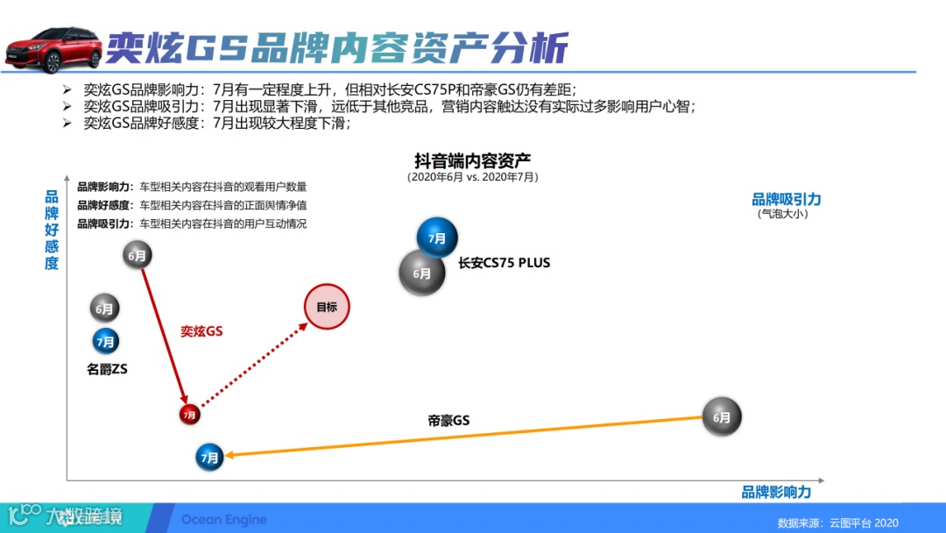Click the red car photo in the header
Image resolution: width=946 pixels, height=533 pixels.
[x=54, y=48]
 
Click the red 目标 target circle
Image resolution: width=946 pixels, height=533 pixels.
[x=327, y=307]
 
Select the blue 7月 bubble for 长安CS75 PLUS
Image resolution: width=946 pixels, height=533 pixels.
[x=437, y=238]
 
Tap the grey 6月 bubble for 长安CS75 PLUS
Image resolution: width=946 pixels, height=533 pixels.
[x=422, y=273]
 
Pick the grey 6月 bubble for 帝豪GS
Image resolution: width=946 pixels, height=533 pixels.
[x=722, y=417]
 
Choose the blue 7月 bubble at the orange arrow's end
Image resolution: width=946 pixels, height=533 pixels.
[x=209, y=457]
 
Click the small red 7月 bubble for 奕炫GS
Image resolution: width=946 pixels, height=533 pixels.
[x=190, y=414]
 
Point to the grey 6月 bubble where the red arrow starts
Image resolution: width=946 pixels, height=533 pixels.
[x=137, y=256]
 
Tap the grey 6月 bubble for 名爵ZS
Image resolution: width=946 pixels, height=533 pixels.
[x=104, y=309]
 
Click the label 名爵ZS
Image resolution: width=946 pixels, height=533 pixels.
[x=107, y=370]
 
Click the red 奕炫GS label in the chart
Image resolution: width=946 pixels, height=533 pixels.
[x=201, y=331]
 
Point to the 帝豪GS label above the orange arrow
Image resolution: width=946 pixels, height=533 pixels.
[x=448, y=421]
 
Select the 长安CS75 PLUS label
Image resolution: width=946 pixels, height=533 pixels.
[x=504, y=262]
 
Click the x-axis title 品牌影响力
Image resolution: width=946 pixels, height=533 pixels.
[x=776, y=493]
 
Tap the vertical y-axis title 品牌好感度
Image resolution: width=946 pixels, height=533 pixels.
[x=52, y=230]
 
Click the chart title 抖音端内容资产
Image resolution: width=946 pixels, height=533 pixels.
[x=472, y=160]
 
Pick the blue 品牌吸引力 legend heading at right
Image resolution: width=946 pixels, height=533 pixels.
[x=786, y=199]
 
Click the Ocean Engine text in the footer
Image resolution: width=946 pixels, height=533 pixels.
[x=223, y=520]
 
